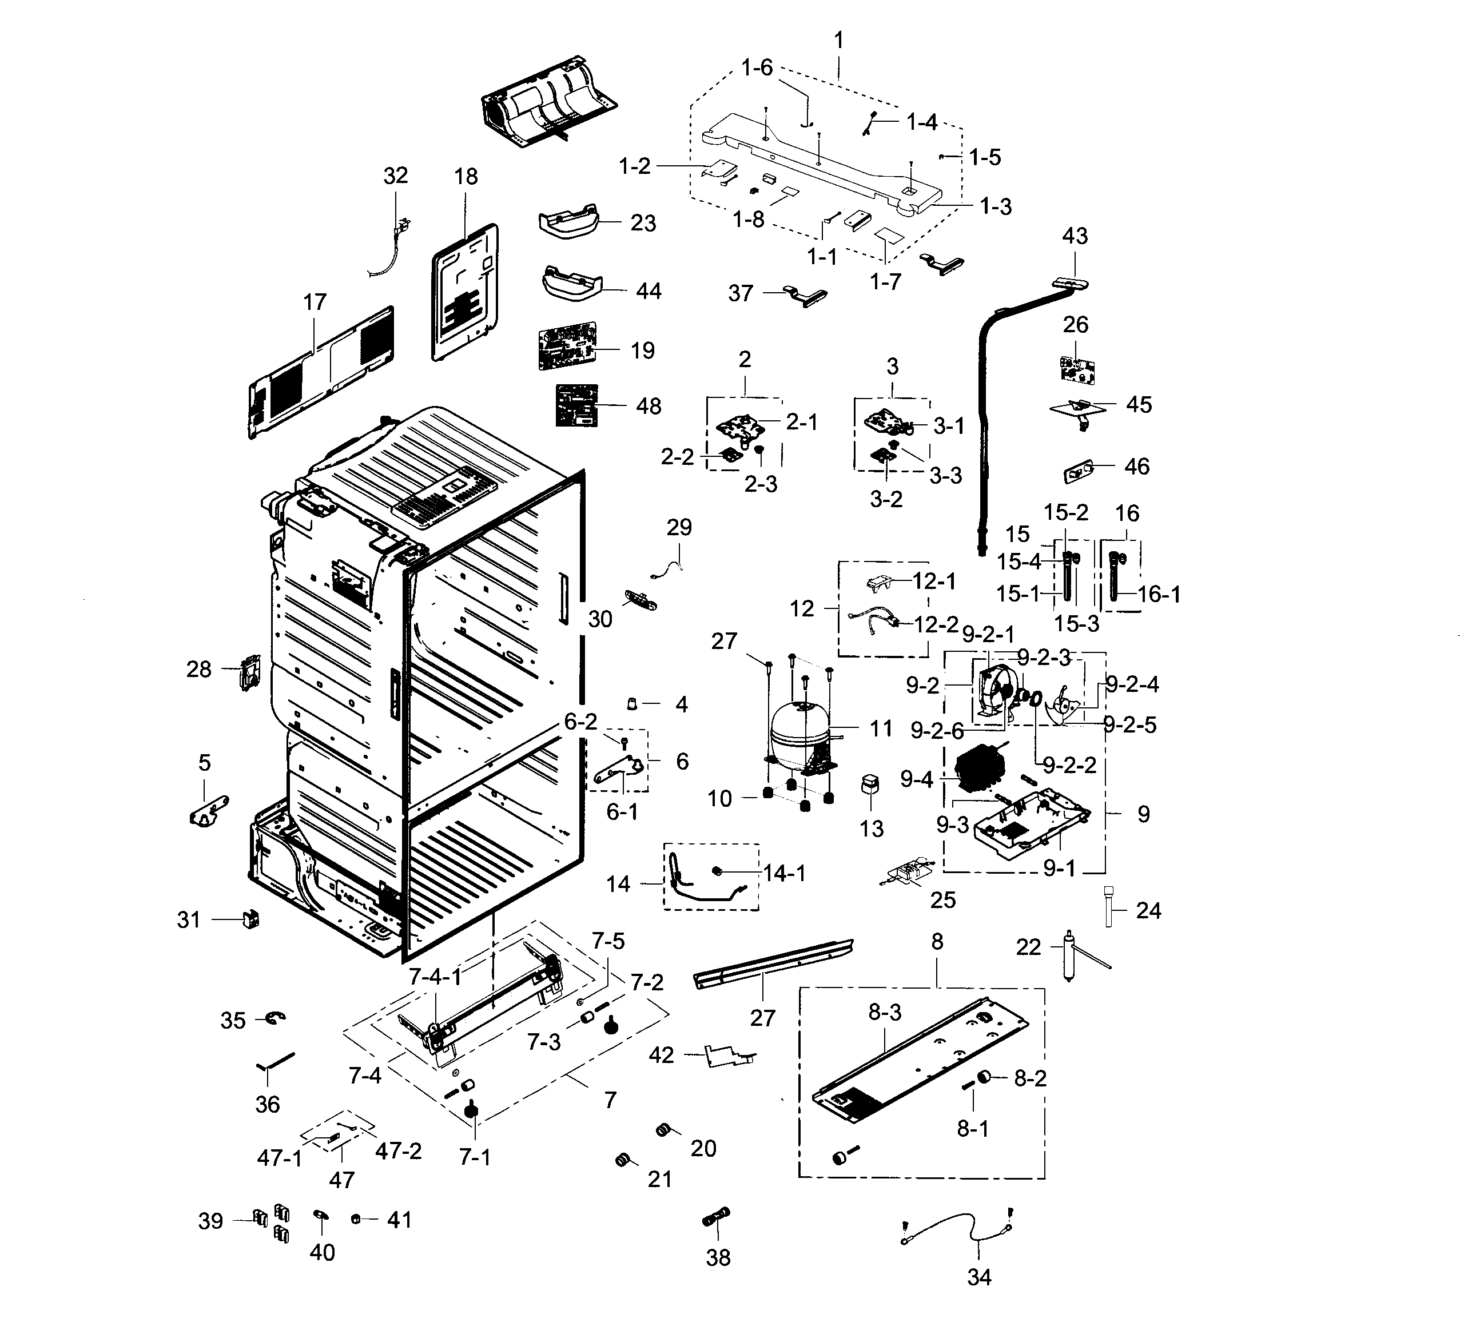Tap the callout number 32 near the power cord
point(395,176)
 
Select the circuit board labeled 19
point(568,347)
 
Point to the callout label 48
point(648,406)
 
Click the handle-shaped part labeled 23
point(569,221)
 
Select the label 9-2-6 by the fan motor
point(936,731)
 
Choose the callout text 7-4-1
point(435,977)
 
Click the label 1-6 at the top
point(757,67)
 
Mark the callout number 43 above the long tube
point(1075,236)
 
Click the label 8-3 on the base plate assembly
point(885,1012)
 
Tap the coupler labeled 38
point(717,1218)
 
